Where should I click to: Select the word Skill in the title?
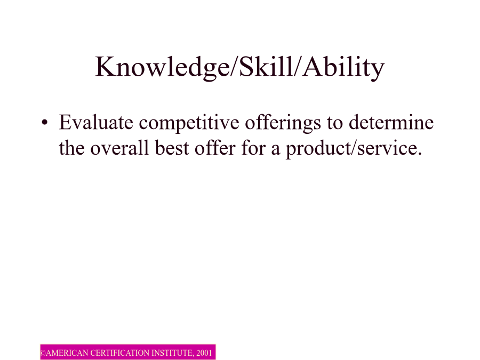pyautogui.click(x=266, y=67)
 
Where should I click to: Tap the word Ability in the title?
pyautogui.click(x=343, y=68)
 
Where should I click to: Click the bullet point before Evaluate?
pyautogui.click(x=45, y=123)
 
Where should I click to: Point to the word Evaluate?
pyautogui.click(x=96, y=122)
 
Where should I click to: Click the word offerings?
pyautogui.click(x=283, y=124)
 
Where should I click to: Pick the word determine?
pyautogui.click(x=391, y=122)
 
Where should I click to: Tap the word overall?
pyautogui.click(x=119, y=148)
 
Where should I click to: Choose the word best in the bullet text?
pyautogui.click(x=172, y=148)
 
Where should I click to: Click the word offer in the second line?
pyautogui.click(x=215, y=148)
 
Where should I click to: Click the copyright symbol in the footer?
pyautogui.click(x=43, y=353)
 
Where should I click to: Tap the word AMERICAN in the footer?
pyautogui.click(x=67, y=353)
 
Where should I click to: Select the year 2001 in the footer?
pyautogui.click(x=204, y=353)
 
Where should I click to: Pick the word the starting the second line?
pyautogui.click(x=71, y=148)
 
